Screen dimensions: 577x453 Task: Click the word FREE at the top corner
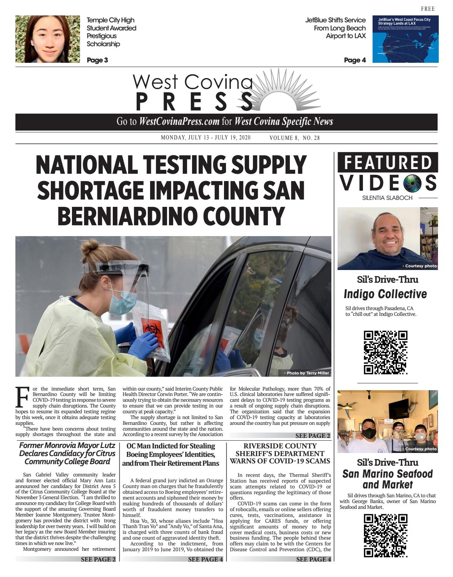click(428, 9)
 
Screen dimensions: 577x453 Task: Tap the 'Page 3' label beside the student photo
click(97, 60)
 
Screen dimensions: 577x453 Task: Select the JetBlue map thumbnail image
click(405, 39)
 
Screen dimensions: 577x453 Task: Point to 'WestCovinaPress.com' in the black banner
click(179, 122)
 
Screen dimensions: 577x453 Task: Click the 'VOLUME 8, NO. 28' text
click(294, 138)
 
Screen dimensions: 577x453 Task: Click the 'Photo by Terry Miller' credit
click(307, 373)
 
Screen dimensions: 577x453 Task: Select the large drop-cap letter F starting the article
click(22, 397)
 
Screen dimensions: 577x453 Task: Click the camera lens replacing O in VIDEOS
click(413, 183)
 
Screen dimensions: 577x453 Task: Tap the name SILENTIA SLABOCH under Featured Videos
click(387, 198)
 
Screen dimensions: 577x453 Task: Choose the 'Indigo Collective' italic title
click(385, 294)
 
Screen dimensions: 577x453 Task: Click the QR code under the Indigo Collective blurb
click(386, 352)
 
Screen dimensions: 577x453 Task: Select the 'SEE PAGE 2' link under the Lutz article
click(98, 559)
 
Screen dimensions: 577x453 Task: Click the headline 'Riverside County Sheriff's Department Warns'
click(280, 453)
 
